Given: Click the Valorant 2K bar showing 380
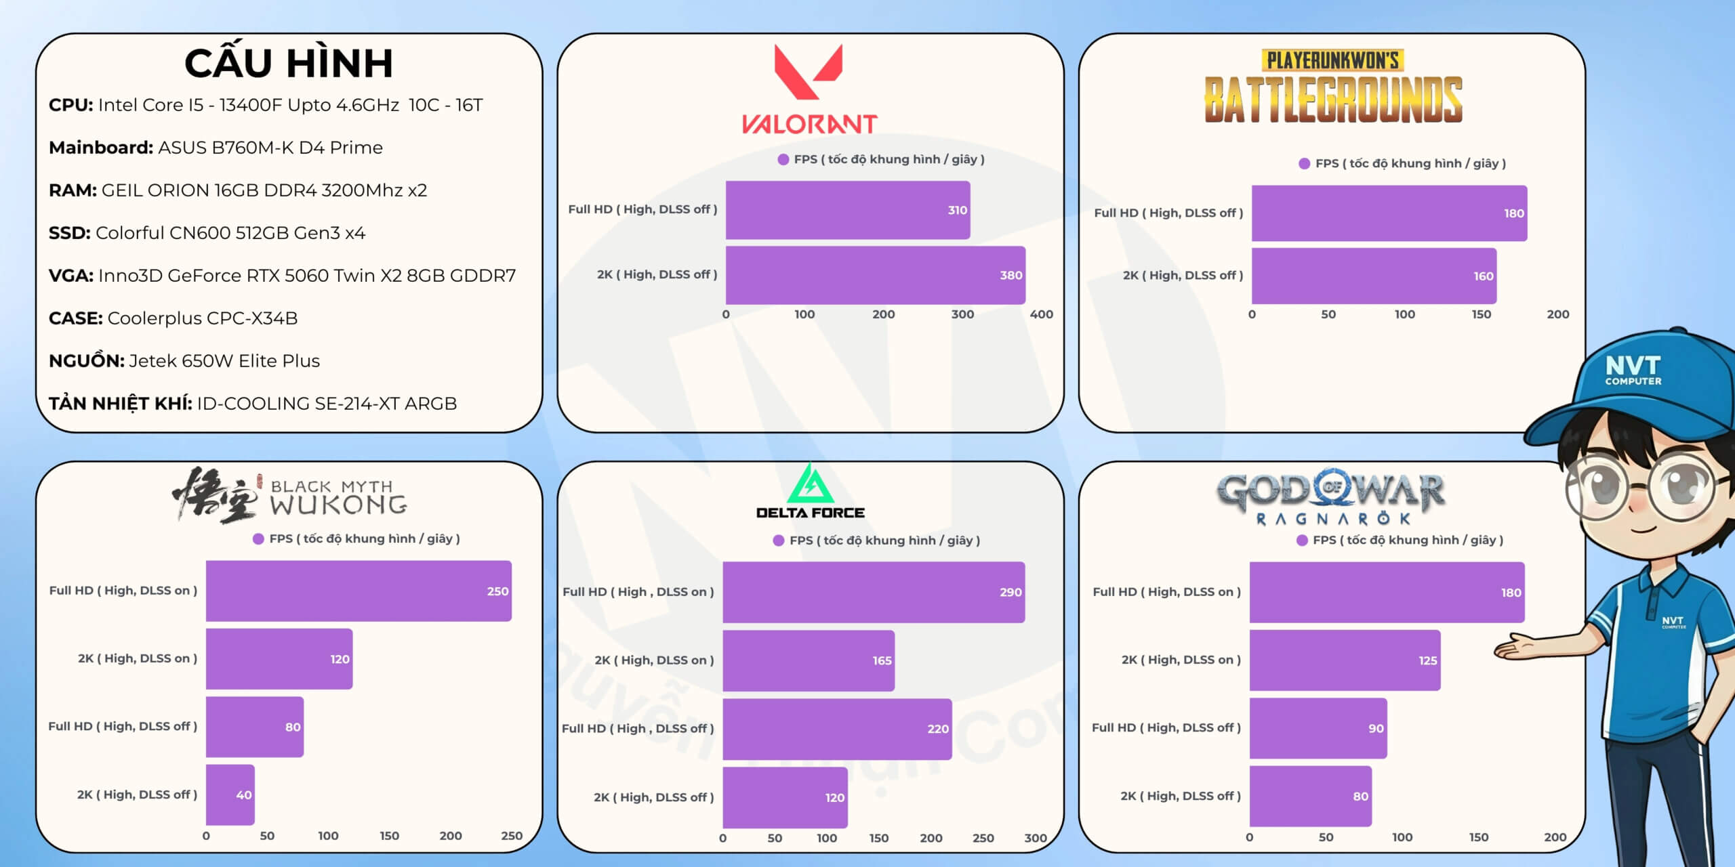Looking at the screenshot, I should point(874,275).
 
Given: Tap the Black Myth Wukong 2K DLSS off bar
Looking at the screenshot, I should point(230,795).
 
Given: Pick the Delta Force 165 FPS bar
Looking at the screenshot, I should point(808,660).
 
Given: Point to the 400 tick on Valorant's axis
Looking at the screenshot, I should point(1041,314).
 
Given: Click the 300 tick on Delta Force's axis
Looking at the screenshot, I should point(1035,838).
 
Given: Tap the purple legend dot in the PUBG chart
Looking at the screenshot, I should point(1304,163).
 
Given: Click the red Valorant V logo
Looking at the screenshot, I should point(809,71).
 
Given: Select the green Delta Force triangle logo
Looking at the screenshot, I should point(810,484).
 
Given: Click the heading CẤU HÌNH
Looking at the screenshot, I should point(289,63).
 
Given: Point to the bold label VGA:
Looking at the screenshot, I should point(71,276).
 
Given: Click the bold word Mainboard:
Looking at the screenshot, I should point(101,148).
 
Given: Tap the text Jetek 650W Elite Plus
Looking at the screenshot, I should point(224,361).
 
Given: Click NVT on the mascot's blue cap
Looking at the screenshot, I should point(1633,366).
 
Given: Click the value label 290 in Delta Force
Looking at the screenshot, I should point(1011,592).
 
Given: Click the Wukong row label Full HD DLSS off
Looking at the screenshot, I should point(123,726).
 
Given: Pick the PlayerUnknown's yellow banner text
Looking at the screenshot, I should point(1332,61).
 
